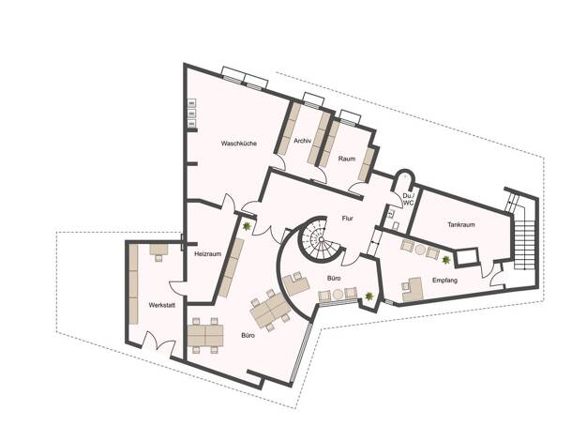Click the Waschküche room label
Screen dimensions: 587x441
[x=239, y=144]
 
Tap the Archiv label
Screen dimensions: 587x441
[x=303, y=141]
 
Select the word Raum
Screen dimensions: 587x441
[x=347, y=159]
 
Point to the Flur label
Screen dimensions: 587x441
[x=347, y=219]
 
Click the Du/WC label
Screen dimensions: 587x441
[x=408, y=199]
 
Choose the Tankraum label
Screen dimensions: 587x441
[x=461, y=225]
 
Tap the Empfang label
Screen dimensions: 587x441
[x=444, y=281]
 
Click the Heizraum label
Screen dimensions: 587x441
[x=208, y=254]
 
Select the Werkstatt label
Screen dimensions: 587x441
[x=161, y=305]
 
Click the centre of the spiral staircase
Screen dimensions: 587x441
[x=321, y=239]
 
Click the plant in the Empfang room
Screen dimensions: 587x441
[x=445, y=260]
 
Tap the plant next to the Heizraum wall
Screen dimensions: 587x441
[x=247, y=226]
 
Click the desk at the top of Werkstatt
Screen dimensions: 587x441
[x=159, y=250]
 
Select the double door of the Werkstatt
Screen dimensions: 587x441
[x=158, y=341]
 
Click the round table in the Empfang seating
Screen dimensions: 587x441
[x=420, y=250]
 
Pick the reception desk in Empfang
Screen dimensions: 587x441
[x=413, y=289]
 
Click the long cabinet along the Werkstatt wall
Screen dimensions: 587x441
[x=134, y=284]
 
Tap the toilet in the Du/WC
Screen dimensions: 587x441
[x=396, y=226]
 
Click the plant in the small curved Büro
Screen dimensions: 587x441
[x=369, y=297]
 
